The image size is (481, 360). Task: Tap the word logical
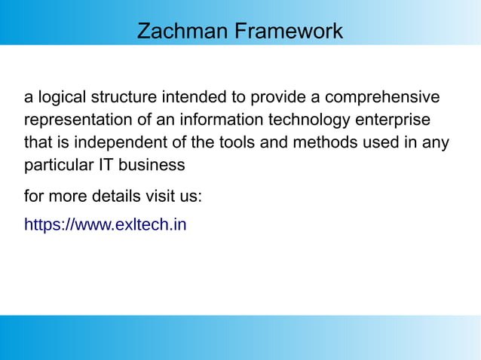click(x=61, y=98)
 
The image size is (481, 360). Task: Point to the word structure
click(x=124, y=98)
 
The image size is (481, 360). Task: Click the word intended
click(x=191, y=98)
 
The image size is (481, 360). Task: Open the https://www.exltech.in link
click(x=105, y=224)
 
